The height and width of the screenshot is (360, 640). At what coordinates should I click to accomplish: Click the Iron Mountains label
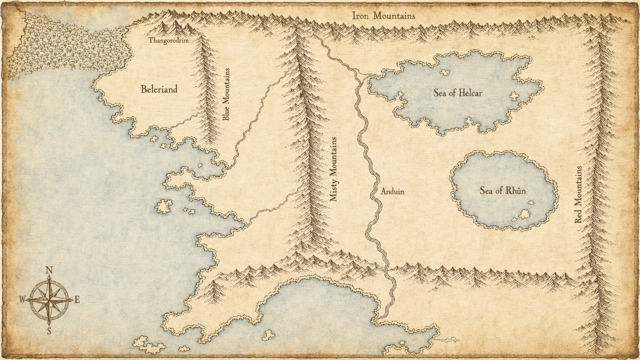(x=383, y=15)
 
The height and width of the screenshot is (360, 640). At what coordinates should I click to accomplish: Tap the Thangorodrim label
(x=168, y=40)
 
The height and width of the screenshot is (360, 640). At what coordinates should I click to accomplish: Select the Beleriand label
(x=158, y=89)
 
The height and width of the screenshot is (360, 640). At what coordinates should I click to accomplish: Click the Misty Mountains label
(x=334, y=169)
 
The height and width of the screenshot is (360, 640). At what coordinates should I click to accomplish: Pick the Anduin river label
(x=392, y=191)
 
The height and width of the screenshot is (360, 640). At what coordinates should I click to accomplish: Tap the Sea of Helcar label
(x=458, y=92)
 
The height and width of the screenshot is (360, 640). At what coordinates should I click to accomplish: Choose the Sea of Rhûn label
(x=502, y=191)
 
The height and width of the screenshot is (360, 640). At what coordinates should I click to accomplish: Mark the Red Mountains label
(x=578, y=194)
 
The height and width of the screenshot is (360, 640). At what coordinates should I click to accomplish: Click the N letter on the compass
(x=49, y=270)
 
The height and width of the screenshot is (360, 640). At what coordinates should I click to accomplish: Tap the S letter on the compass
(x=49, y=330)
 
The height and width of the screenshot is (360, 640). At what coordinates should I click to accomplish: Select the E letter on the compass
(x=77, y=300)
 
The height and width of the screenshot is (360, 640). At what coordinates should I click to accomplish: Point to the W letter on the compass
(x=22, y=300)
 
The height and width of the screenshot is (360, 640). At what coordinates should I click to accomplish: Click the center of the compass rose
(x=49, y=300)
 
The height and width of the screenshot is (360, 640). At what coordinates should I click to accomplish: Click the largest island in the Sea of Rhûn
(x=524, y=214)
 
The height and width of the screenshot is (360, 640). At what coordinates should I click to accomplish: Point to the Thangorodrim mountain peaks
(x=172, y=27)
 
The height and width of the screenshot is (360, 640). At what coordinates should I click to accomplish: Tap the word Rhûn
(x=515, y=191)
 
